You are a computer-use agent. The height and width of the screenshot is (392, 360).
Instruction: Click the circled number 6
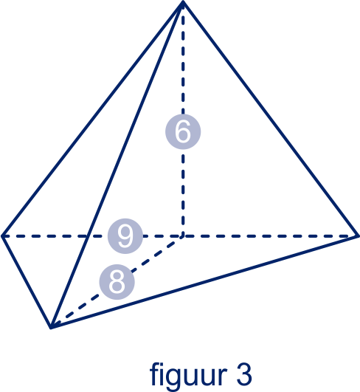(x=183, y=131)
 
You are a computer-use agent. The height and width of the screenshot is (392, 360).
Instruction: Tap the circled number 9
(x=125, y=236)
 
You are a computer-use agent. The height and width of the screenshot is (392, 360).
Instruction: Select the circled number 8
(x=117, y=282)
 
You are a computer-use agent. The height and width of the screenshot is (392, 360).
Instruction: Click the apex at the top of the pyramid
(x=183, y=2)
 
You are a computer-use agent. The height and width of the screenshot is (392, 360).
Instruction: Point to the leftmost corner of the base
(x=2, y=235)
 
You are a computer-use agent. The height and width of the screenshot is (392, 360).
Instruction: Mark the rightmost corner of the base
(x=358, y=235)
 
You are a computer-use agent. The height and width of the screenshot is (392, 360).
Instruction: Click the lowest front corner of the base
(x=51, y=327)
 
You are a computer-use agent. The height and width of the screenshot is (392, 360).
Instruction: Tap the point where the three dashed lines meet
(x=183, y=235)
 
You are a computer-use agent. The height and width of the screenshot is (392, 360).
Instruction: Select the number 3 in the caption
(x=244, y=374)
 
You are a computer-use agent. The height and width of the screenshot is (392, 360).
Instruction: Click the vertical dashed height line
(x=183, y=120)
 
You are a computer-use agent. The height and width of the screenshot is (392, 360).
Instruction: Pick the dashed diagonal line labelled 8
(x=117, y=281)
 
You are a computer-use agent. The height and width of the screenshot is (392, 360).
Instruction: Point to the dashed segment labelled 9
(x=92, y=236)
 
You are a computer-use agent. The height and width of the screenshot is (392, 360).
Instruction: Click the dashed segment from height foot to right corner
(x=270, y=236)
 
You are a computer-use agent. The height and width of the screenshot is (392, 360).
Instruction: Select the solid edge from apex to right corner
(x=270, y=119)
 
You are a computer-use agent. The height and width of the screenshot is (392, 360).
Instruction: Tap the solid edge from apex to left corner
(x=92, y=120)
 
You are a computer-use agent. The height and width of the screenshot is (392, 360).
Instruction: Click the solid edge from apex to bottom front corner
(x=117, y=165)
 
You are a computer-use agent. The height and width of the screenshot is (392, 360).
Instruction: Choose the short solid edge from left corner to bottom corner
(x=27, y=281)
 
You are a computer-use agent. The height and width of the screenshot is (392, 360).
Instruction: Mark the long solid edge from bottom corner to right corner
(x=204, y=281)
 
